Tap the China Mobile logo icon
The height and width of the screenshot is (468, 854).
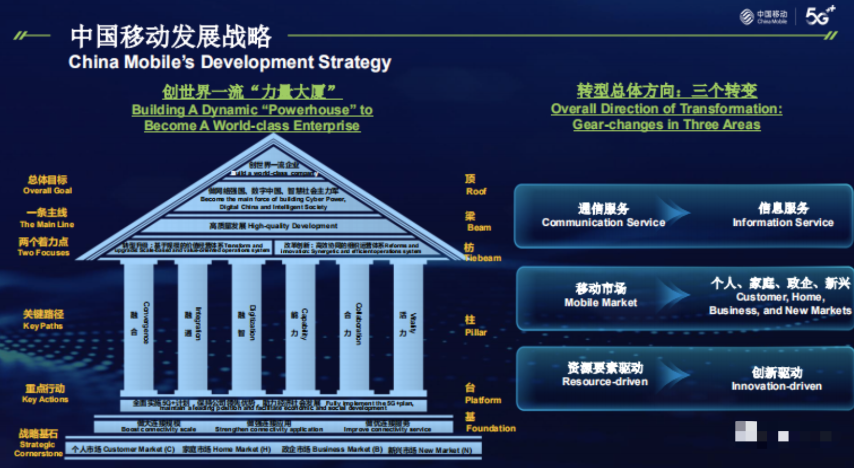click(x=747, y=17)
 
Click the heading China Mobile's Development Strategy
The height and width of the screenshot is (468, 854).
click(x=230, y=62)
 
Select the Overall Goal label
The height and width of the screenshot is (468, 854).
click(x=48, y=185)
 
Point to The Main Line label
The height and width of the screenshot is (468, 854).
click(x=47, y=218)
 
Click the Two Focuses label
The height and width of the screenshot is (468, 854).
click(x=43, y=247)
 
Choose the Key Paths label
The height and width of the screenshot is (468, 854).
click(x=43, y=320)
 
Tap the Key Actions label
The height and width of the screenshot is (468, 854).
click(x=45, y=394)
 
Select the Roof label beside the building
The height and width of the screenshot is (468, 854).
click(x=476, y=185)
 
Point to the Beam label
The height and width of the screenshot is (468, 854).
click(x=478, y=222)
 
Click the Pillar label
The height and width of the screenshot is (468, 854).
click(x=476, y=326)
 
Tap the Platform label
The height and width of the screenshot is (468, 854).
click(x=482, y=394)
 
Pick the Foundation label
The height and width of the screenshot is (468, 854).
click(x=490, y=423)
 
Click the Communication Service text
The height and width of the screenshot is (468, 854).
click(x=603, y=222)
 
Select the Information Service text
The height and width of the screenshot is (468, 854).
click(x=783, y=222)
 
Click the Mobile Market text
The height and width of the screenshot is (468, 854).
click(x=601, y=302)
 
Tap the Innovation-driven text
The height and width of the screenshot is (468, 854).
click(x=777, y=386)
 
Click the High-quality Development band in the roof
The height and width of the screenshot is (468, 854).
click(x=273, y=226)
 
